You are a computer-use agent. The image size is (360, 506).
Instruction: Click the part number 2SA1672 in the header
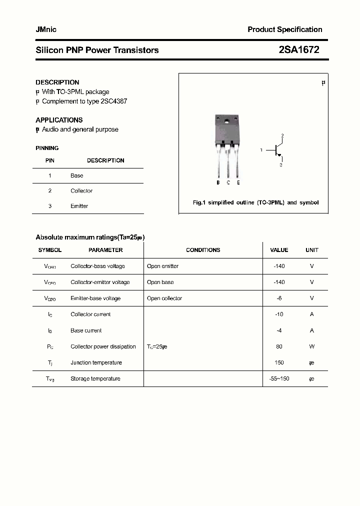coord(298,49)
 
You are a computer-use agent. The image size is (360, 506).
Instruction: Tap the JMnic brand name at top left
coord(46,29)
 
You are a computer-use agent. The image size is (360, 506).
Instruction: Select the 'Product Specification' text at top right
coord(284,29)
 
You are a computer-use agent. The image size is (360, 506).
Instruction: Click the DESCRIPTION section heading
coord(57,82)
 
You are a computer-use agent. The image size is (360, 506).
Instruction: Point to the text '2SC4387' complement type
coord(113,101)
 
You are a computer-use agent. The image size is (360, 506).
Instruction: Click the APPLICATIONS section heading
coord(59,120)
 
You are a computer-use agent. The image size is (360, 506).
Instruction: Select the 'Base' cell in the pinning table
coord(77,175)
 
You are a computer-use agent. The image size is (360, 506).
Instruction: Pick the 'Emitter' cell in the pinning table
coord(79,206)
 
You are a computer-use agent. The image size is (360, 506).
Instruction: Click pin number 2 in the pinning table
coord(50,190)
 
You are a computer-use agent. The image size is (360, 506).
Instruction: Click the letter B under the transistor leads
coord(218,182)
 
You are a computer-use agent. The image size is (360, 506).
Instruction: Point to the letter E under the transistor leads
coord(238,182)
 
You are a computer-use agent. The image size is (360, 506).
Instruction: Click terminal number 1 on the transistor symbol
coord(261,150)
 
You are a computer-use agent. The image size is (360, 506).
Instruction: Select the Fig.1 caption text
coord(255,202)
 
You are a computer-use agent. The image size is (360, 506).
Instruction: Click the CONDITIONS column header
coord(203,250)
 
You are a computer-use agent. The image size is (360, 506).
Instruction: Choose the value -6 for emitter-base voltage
coord(279,298)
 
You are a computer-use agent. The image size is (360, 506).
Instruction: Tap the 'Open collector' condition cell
coord(164,298)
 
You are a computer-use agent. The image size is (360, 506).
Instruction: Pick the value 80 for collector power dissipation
coord(279,346)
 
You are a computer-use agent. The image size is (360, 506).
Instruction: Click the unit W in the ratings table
coord(311,346)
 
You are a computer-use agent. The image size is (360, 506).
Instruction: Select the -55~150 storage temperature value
coord(279,378)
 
